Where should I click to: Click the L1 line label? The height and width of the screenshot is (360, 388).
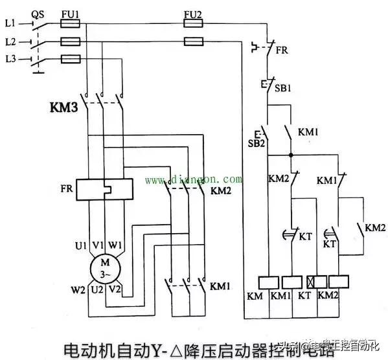pos(10,24)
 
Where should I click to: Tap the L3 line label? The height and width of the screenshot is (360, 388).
pos(10,60)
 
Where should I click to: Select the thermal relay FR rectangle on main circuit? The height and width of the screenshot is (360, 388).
pos(104,190)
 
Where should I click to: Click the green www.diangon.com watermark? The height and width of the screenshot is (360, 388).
pos(194,179)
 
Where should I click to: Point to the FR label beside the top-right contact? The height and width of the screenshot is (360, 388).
pos(282,49)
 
